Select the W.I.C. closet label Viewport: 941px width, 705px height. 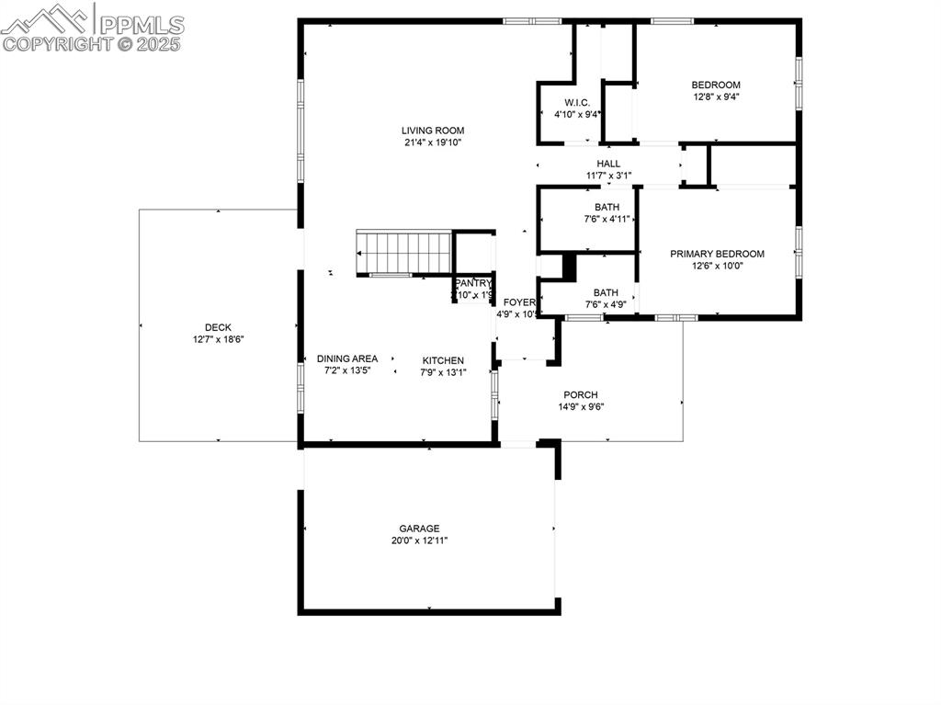tap(577, 102)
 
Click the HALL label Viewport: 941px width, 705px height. tap(608, 164)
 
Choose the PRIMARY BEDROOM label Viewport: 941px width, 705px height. tap(717, 254)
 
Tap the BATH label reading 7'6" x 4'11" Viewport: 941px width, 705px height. tap(607, 207)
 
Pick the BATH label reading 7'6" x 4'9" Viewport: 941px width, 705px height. tap(606, 293)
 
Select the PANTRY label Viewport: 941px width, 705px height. tap(473, 283)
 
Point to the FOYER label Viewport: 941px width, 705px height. tap(518, 302)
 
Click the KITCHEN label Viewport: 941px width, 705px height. tap(443, 360)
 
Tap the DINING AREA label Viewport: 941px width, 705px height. tap(347, 358)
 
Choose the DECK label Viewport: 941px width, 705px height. tap(218, 327)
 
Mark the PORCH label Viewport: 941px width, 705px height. tap(581, 395)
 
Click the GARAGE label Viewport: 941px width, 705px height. tap(419, 529)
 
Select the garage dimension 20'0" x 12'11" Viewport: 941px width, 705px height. tap(419, 540)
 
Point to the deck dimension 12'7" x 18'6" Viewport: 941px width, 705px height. tap(218, 339)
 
